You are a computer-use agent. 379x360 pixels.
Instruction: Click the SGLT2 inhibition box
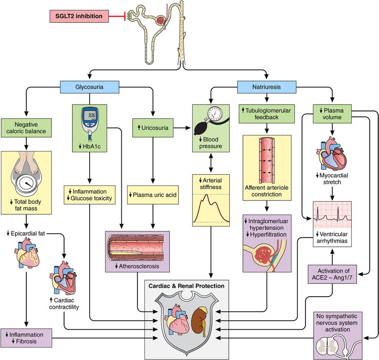click(79, 17)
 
